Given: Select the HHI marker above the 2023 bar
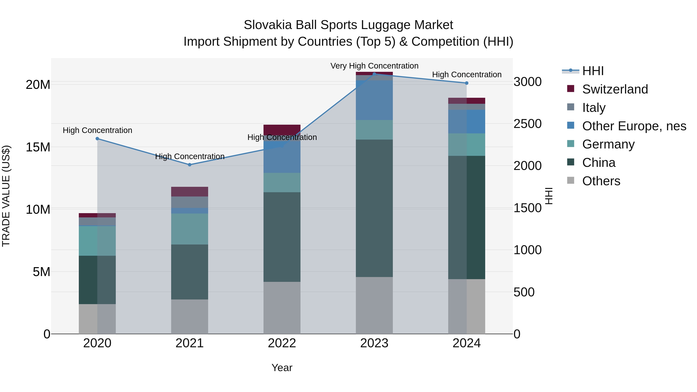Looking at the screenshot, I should [x=374, y=74].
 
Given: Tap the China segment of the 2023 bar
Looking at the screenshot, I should [x=374, y=208].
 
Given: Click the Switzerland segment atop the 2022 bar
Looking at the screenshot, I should [x=282, y=129].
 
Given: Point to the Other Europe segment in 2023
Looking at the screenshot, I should [x=374, y=100].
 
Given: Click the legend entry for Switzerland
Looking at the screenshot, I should [x=615, y=89].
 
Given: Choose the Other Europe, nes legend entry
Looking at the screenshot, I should [x=634, y=126].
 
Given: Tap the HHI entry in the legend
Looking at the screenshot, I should [x=593, y=71].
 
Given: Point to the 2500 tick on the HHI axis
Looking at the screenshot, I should [x=527, y=124].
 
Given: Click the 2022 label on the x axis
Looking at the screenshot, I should [x=282, y=343].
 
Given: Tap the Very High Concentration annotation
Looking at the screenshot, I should [x=374, y=66].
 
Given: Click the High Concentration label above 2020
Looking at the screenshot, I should [x=97, y=130].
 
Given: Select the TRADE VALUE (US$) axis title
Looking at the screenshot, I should [x=6, y=196].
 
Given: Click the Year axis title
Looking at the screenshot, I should [x=282, y=368].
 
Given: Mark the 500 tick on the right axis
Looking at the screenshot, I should [x=524, y=292].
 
